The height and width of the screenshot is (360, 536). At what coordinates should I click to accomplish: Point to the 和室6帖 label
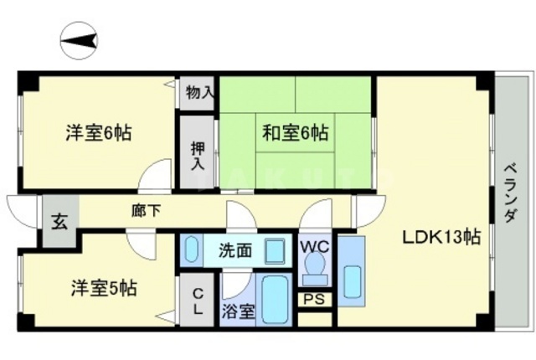[x=295, y=131]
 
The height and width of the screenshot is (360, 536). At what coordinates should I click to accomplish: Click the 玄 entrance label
[x=59, y=223]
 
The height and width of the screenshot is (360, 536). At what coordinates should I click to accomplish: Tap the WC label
[x=316, y=246]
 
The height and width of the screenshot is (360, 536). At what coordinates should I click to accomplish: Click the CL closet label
[x=198, y=301]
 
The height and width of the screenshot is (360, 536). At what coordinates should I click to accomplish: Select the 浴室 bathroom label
[x=237, y=312]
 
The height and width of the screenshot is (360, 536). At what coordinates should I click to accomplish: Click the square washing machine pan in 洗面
[x=273, y=250]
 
